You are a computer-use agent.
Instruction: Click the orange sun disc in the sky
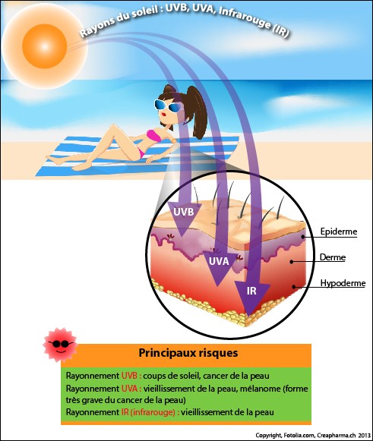(x=45, y=46)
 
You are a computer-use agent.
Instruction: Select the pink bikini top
(x=154, y=135)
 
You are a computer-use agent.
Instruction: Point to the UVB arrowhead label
(x=184, y=212)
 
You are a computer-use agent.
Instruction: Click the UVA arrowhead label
(x=219, y=262)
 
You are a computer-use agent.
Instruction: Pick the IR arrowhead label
(x=251, y=291)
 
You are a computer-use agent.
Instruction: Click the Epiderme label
(x=339, y=232)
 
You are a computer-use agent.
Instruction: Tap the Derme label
(x=333, y=257)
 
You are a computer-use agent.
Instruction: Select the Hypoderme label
(x=343, y=283)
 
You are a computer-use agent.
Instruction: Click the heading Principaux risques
(x=188, y=353)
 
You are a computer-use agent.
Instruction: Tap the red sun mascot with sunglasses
(x=60, y=345)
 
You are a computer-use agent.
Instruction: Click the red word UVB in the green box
(x=129, y=376)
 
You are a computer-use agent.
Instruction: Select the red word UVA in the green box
(x=129, y=389)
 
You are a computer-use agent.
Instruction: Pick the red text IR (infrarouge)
(x=148, y=412)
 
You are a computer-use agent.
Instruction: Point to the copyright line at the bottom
(x=313, y=436)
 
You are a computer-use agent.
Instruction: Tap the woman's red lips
(x=164, y=115)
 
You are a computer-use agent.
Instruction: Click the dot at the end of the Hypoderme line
(x=294, y=287)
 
